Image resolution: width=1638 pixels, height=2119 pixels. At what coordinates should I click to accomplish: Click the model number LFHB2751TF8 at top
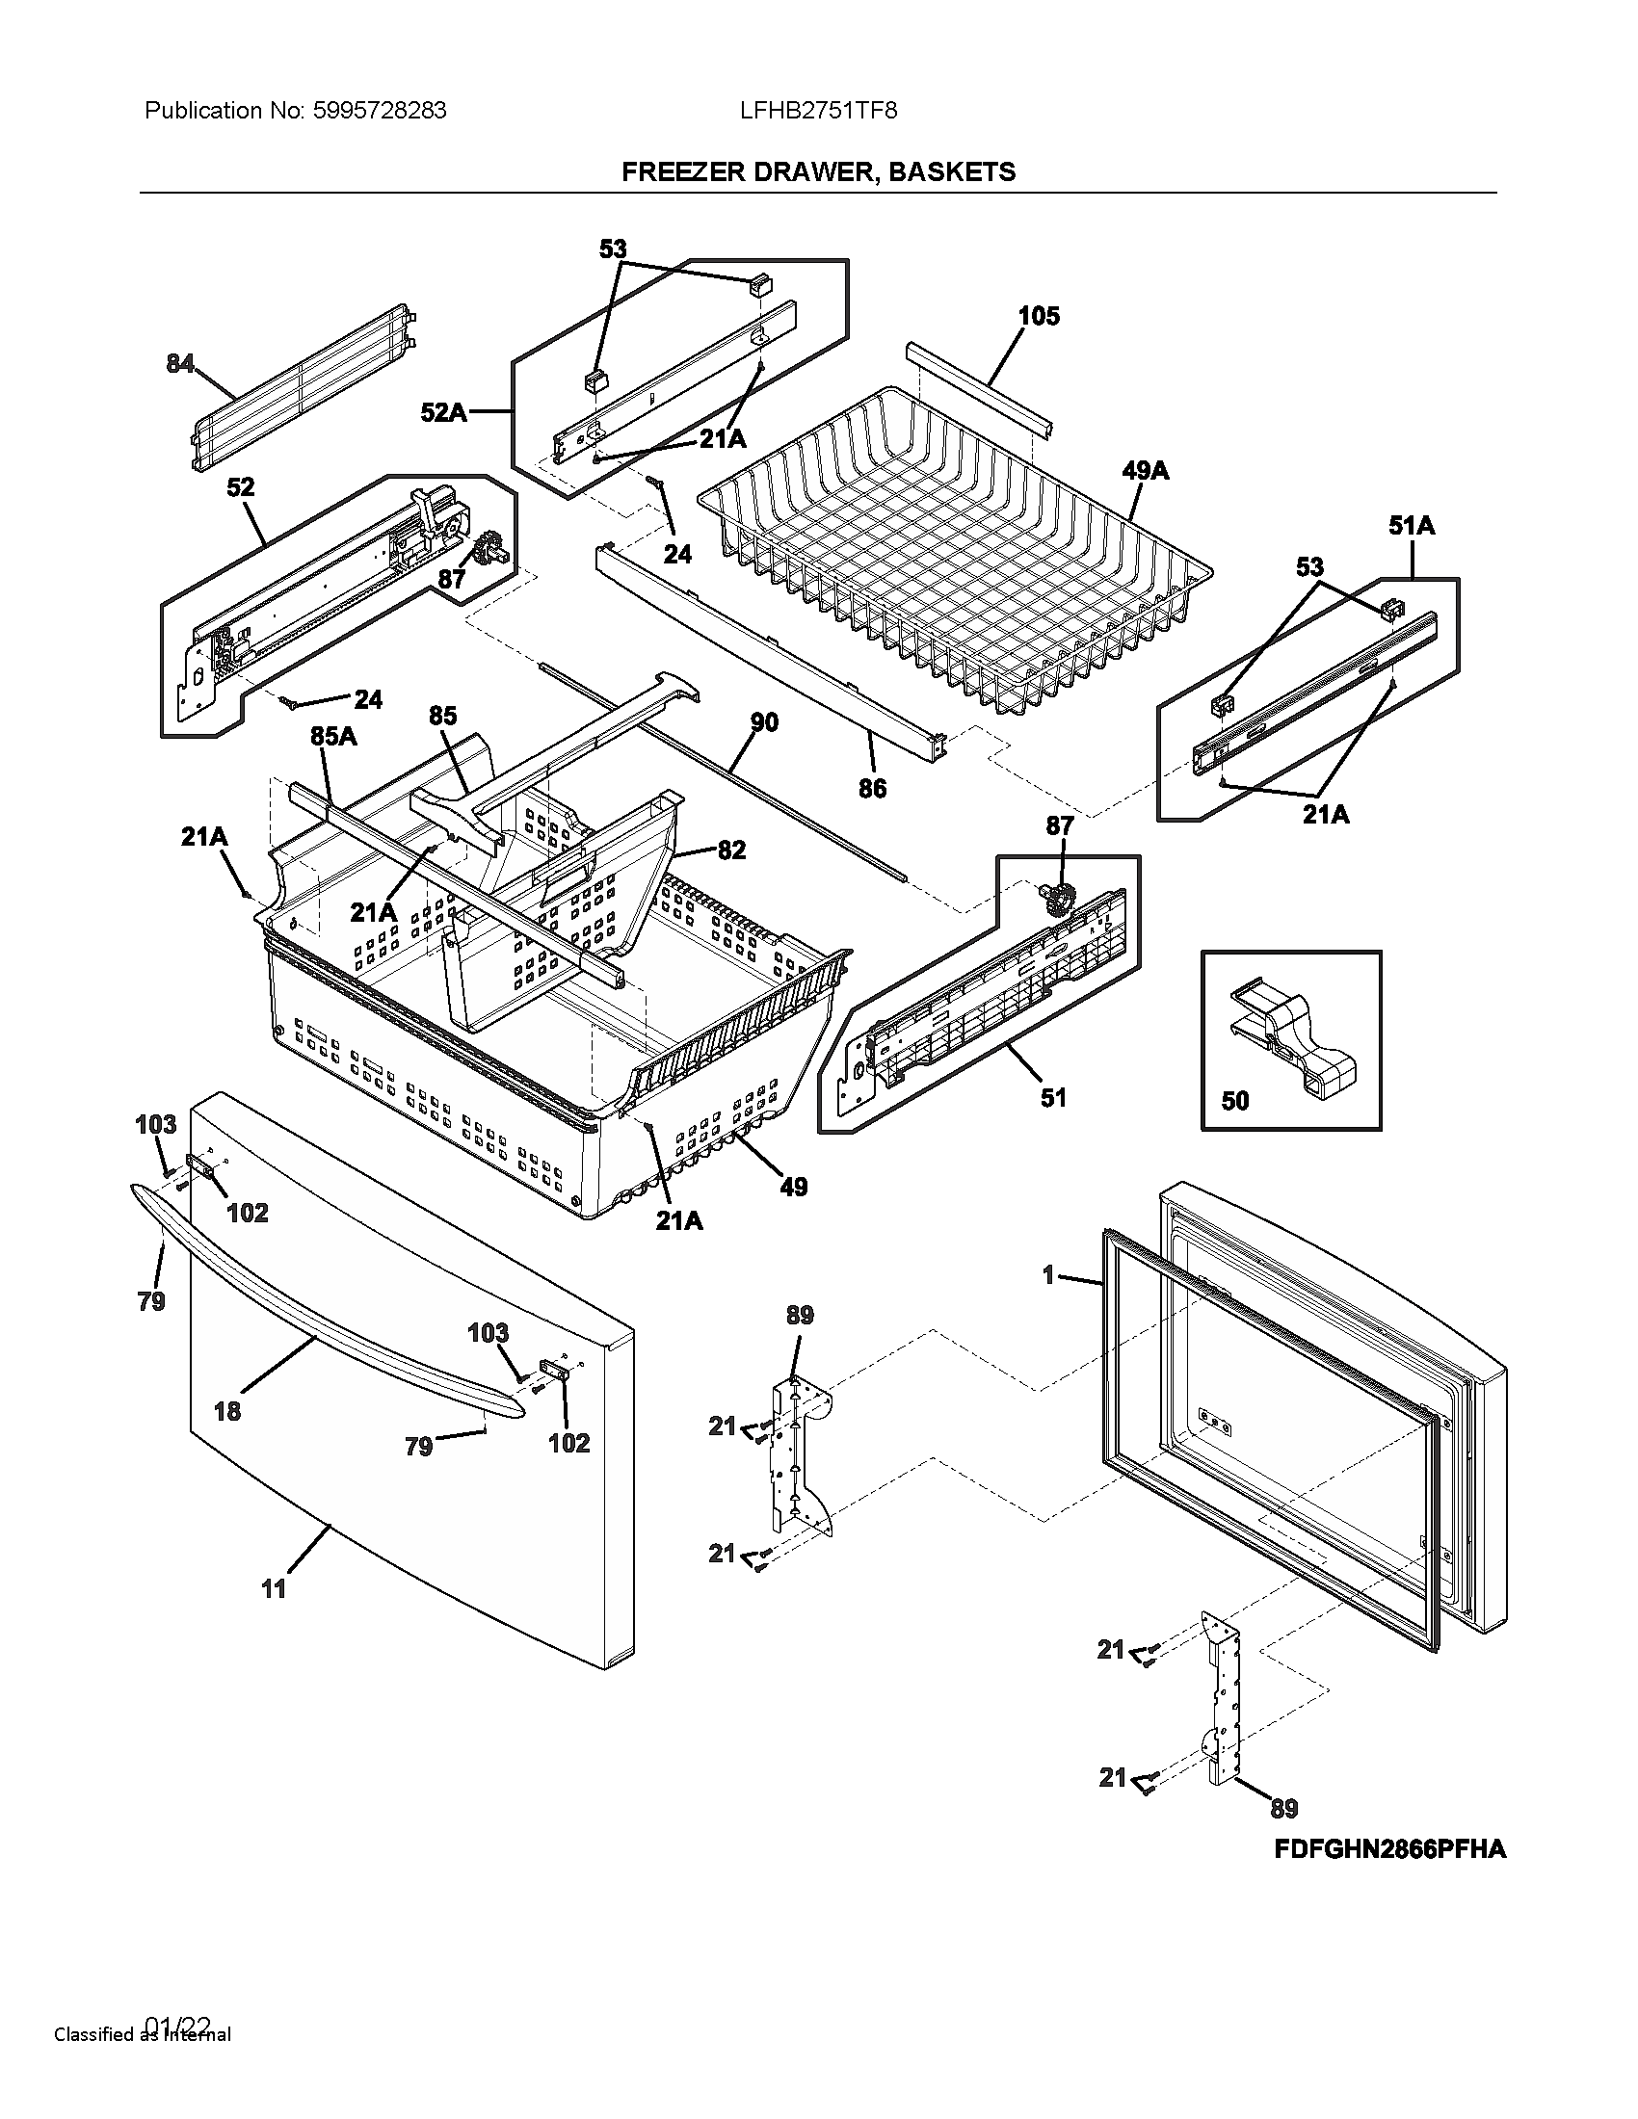click(x=818, y=111)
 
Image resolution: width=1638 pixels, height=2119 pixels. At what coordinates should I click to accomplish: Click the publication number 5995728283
click(x=380, y=111)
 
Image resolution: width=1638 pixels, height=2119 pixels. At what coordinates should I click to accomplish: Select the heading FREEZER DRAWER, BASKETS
click(x=818, y=171)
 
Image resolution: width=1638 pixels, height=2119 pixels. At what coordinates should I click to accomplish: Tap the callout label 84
click(x=179, y=363)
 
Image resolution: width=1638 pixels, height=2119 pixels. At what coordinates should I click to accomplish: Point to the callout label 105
click(x=1039, y=316)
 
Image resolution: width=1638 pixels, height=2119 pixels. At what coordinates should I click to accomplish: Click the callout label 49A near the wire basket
click(x=1145, y=472)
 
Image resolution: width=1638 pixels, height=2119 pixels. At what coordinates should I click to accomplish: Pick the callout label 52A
click(x=443, y=413)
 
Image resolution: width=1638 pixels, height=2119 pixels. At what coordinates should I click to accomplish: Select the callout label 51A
click(x=1411, y=526)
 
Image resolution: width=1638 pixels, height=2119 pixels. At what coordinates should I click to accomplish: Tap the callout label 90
click(x=764, y=721)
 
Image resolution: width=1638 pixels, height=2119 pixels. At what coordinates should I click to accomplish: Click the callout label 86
click(x=871, y=788)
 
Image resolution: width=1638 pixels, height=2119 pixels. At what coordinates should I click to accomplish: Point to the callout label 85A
click(x=332, y=737)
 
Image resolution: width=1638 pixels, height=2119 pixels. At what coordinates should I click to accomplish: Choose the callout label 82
click(x=730, y=850)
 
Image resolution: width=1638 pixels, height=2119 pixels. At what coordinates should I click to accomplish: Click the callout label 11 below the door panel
click(x=274, y=1588)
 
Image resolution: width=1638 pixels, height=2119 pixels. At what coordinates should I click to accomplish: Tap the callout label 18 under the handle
click(x=227, y=1411)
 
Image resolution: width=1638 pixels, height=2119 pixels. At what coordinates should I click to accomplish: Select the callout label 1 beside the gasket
click(x=1048, y=1274)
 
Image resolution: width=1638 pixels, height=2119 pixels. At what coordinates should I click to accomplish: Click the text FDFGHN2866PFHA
click(x=1389, y=1849)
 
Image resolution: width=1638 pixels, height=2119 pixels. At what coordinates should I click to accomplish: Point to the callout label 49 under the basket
click(x=793, y=1187)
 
